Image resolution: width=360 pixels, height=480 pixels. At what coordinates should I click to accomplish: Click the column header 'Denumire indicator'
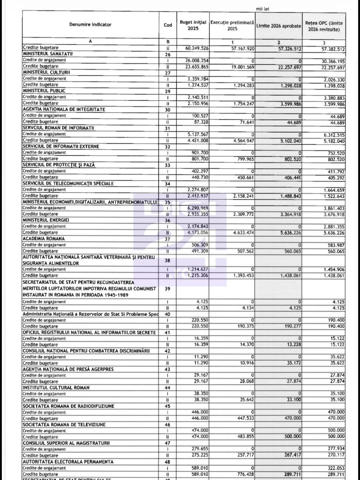click(90, 25)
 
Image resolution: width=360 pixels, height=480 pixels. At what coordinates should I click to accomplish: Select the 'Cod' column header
click(168, 25)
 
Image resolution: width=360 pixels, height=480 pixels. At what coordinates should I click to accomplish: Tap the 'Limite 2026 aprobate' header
click(279, 26)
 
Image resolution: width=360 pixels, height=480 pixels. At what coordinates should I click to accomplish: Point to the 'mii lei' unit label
click(262, 9)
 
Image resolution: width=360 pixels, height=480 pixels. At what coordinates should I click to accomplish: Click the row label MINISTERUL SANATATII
click(48, 54)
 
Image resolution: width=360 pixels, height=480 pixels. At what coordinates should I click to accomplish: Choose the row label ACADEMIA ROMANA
click(44, 239)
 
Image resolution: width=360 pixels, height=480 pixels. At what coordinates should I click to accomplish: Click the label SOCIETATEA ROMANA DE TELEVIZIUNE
click(64, 425)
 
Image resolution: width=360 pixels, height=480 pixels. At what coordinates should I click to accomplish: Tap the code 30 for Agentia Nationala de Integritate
click(168, 110)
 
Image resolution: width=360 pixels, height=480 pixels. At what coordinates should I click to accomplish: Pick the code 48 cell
click(168, 462)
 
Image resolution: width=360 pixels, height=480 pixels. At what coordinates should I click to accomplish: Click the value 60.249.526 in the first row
click(197, 48)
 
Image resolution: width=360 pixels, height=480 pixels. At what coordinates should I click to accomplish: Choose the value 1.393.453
click(242, 276)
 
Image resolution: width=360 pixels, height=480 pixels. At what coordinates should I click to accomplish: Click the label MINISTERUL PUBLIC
click(44, 91)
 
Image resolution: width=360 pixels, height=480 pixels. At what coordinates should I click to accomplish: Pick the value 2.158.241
click(242, 196)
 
